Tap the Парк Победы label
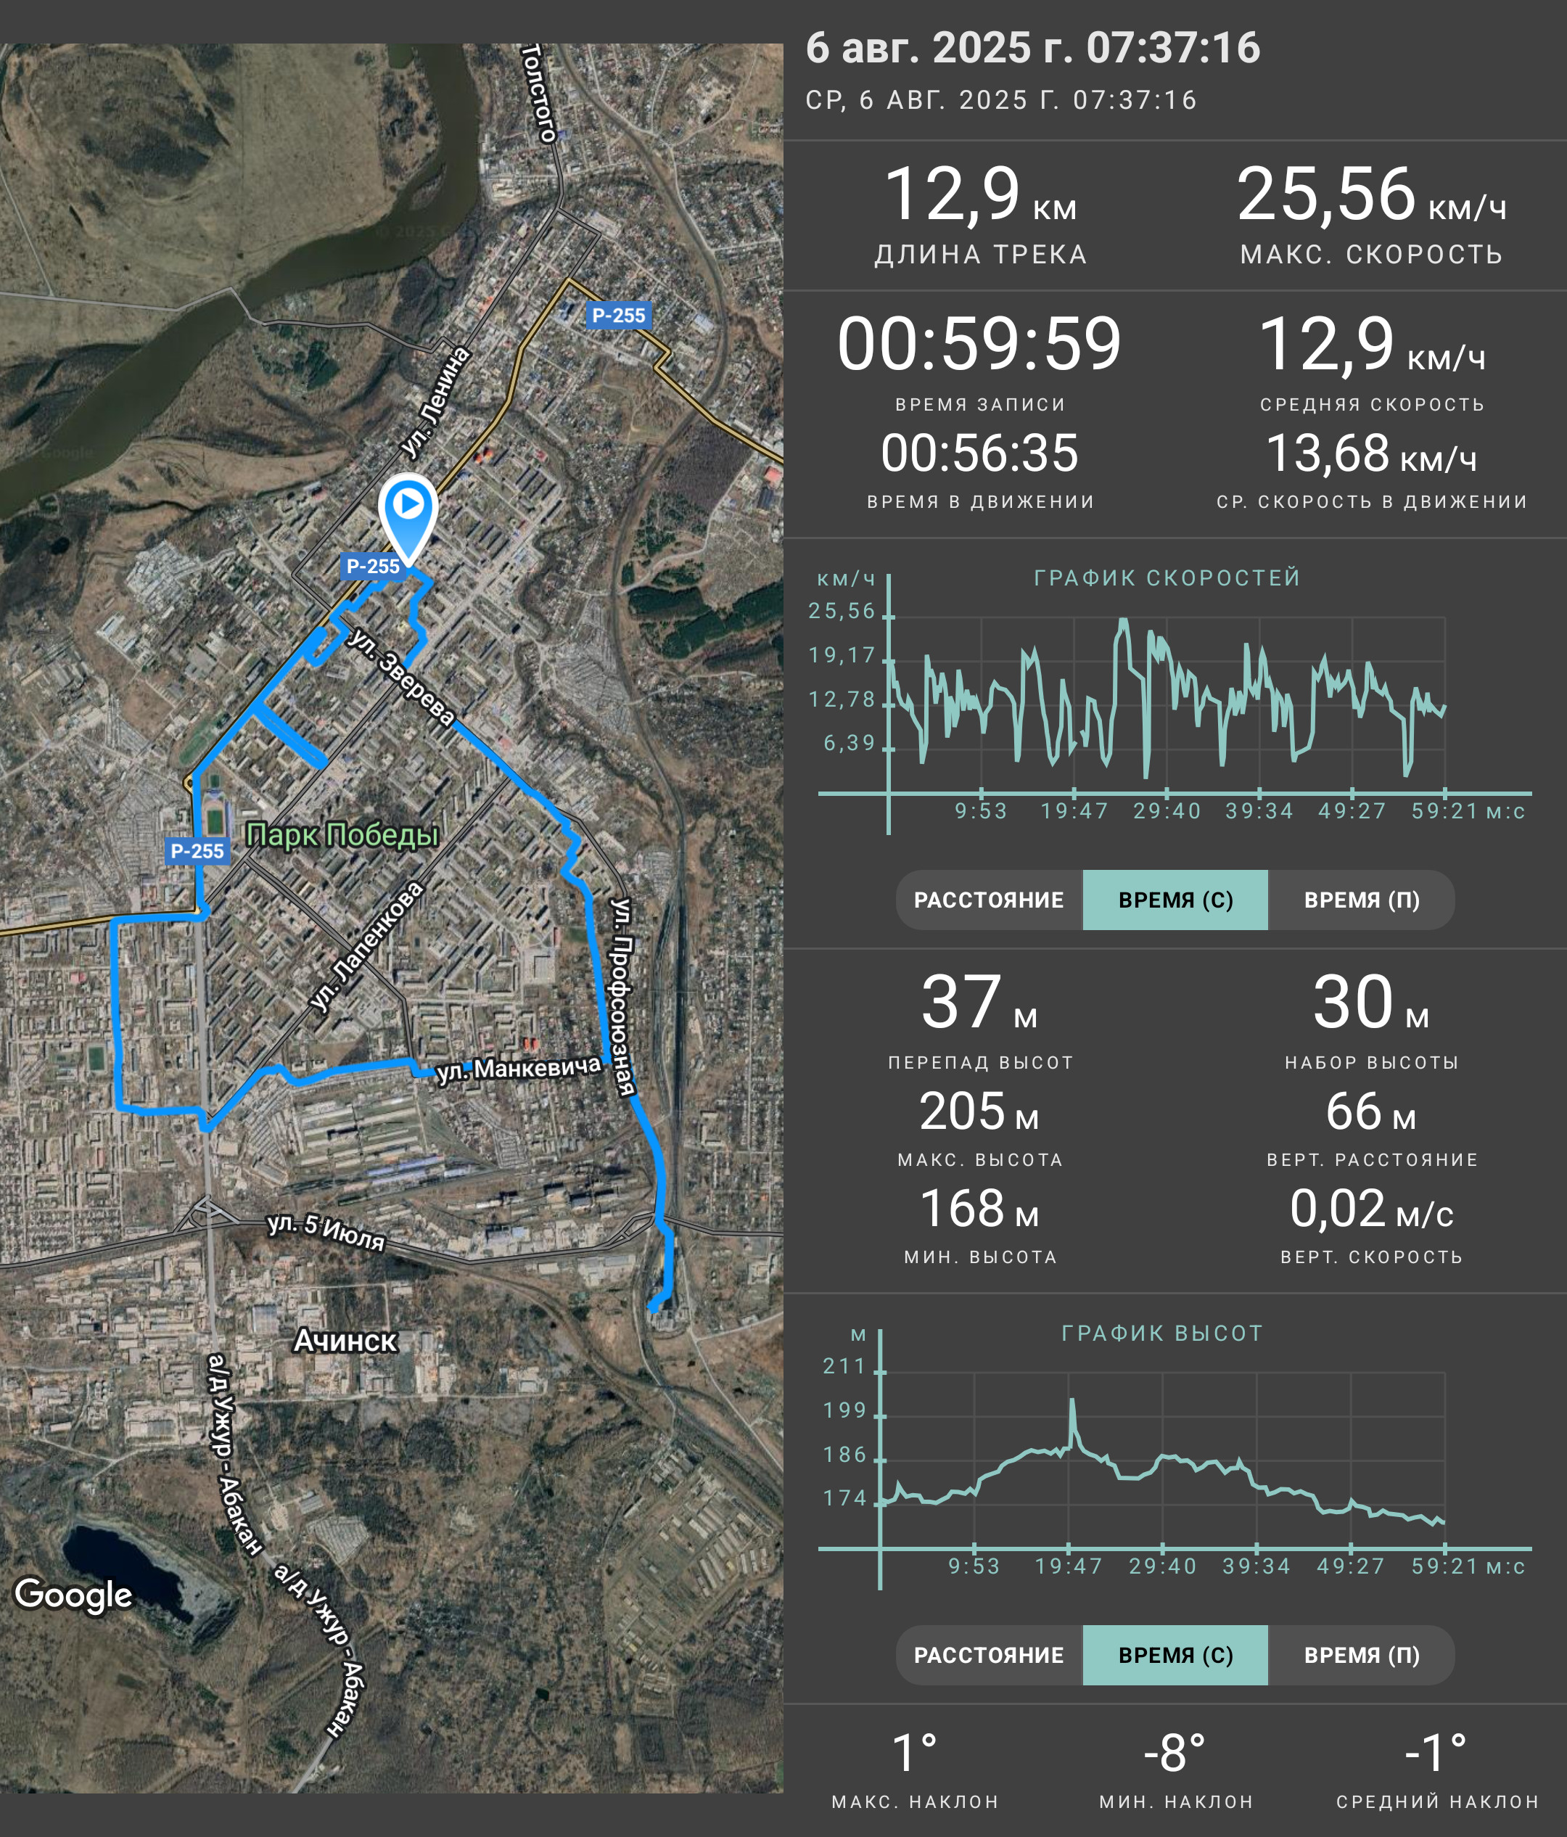click(x=342, y=834)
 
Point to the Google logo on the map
click(x=73, y=1594)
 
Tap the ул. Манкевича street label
click(x=519, y=1069)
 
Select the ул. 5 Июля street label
click(x=326, y=1231)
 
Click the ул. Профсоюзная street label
click(x=623, y=997)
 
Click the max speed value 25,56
click(x=1326, y=194)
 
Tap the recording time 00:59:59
click(x=979, y=344)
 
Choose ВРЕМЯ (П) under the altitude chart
click(x=1362, y=1655)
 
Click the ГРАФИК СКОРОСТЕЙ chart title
click(x=1167, y=578)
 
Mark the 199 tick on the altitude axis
click(x=844, y=1410)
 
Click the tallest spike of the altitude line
click(x=1072, y=1401)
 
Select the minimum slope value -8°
click(x=1175, y=1754)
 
